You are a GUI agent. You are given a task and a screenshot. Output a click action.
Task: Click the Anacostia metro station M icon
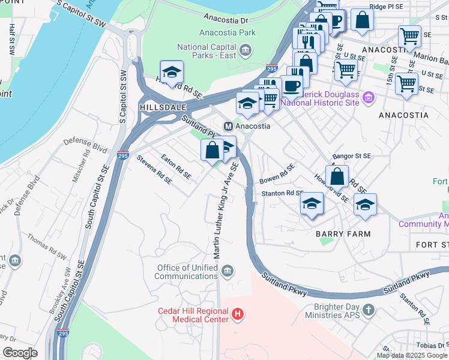[228, 127]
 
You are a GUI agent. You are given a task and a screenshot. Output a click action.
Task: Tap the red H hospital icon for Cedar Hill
[238, 314]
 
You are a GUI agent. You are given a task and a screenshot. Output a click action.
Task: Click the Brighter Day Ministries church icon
[369, 310]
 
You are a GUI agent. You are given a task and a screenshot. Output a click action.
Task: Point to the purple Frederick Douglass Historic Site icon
[369, 97]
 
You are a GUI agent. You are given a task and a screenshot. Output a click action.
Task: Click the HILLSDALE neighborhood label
[159, 106]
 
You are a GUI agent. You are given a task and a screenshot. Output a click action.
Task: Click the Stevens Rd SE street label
[154, 169]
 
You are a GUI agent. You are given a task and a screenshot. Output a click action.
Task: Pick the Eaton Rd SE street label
[176, 167]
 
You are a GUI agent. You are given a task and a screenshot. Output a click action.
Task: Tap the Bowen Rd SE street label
[277, 174]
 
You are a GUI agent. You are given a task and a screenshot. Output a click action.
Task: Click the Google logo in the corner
[20, 353]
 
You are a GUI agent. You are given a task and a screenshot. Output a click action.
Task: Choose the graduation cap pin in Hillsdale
[172, 73]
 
